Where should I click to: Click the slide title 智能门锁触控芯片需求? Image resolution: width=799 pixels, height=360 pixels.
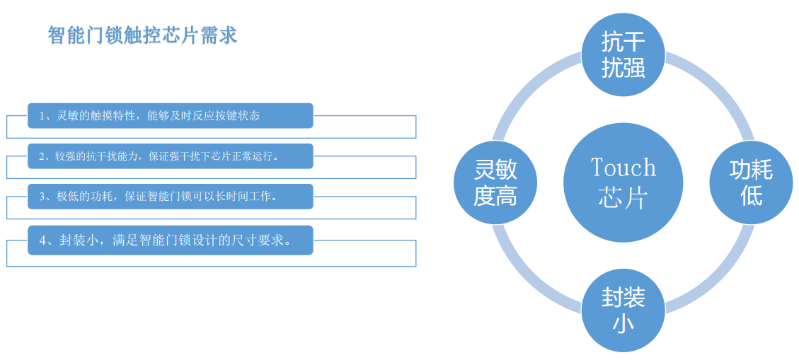point(143,36)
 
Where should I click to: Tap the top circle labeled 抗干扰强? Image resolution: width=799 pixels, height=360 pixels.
point(623,55)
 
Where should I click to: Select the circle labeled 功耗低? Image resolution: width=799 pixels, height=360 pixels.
point(752,182)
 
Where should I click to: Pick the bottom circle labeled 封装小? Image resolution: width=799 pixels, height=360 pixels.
point(623,310)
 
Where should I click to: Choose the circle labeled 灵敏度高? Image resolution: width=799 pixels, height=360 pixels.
point(495,182)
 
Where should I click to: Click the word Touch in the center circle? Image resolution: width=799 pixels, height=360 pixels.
point(623,168)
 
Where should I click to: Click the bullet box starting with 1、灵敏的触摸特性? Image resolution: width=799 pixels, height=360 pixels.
point(170,115)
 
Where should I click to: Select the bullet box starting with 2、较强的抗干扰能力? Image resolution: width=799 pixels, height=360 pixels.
point(170,156)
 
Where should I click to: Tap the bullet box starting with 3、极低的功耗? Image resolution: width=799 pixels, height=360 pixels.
point(170,197)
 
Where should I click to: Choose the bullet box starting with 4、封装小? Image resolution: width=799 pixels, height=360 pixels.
point(170,240)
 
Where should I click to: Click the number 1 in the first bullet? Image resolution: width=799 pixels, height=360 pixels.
point(42,116)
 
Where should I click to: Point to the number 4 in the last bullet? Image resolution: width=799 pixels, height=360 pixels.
point(43,240)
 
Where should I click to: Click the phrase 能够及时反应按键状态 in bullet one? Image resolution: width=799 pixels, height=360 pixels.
point(203,116)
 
